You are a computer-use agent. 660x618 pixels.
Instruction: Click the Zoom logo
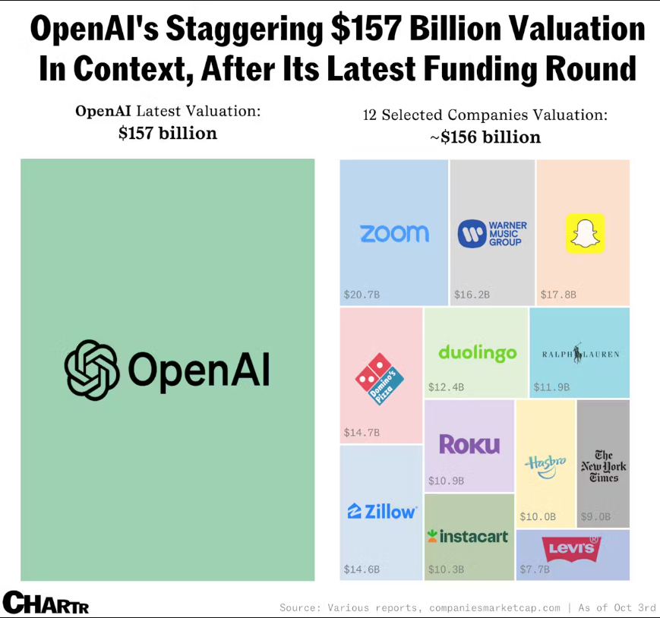click(394, 233)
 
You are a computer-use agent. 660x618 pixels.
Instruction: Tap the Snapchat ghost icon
click(586, 233)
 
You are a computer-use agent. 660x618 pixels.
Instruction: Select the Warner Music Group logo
click(492, 233)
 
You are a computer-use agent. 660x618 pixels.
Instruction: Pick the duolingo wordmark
click(477, 352)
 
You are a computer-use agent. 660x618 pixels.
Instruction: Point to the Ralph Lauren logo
click(580, 354)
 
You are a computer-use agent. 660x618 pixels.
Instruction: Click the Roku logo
click(469, 444)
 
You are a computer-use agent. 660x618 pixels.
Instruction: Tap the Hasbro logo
click(545, 465)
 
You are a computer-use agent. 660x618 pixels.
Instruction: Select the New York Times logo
click(604, 466)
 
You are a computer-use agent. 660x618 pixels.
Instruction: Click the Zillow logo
click(382, 512)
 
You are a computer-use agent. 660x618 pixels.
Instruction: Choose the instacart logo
click(468, 537)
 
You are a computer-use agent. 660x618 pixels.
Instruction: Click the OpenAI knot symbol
click(92, 369)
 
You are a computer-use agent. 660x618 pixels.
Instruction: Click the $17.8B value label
click(558, 294)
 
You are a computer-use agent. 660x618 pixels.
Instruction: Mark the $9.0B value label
click(595, 517)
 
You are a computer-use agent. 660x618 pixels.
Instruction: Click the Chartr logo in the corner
click(46, 603)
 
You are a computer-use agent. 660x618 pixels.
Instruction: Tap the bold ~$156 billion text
click(486, 137)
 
